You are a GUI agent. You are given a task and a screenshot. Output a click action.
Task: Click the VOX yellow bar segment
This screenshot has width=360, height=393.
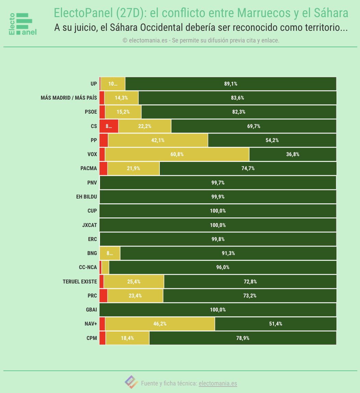click(x=177, y=154)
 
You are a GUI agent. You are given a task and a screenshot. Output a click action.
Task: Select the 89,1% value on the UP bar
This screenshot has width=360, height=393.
click(x=231, y=84)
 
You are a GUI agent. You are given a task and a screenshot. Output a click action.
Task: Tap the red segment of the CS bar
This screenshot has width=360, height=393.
click(x=109, y=126)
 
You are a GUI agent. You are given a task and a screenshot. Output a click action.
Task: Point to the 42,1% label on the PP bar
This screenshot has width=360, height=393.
click(x=158, y=140)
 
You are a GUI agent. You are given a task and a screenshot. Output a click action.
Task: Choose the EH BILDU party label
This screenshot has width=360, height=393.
click(x=87, y=197)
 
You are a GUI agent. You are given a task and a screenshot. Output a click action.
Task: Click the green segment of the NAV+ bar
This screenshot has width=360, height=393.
click(x=275, y=324)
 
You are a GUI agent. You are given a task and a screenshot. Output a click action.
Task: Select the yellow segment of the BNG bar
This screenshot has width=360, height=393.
click(x=110, y=253)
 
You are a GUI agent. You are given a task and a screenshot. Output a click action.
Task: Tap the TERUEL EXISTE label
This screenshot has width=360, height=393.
click(x=80, y=282)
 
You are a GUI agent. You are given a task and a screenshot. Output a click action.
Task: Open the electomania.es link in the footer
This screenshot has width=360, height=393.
click(x=218, y=383)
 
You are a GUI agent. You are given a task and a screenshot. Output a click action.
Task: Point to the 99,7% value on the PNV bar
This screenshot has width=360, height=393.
click(x=218, y=183)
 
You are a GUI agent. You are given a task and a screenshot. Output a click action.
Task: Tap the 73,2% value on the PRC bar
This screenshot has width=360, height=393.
click(x=250, y=296)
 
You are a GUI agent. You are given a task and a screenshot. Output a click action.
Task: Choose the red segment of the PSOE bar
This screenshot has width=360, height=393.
click(x=102, y=112)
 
